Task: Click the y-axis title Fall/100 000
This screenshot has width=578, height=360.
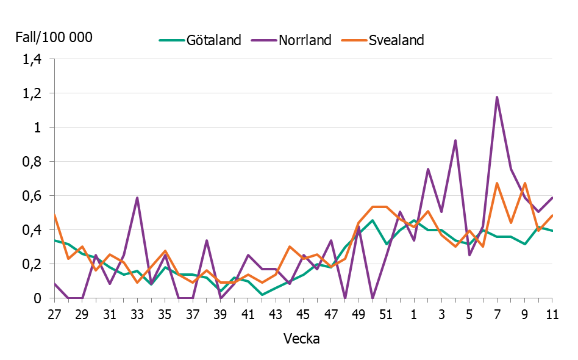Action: point(54,37)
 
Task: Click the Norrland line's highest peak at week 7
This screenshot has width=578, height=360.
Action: point(497,97)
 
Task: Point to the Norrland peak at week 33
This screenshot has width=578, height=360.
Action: point(138,198)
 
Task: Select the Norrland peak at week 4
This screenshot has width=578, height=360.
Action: point(455,140)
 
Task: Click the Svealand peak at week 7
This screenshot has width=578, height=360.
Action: point(497,183)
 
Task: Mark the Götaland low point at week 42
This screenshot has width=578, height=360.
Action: point(262,295)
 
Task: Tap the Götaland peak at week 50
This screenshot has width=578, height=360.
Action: point(373,220)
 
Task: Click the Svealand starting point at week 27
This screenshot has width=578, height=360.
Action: point(55,215)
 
